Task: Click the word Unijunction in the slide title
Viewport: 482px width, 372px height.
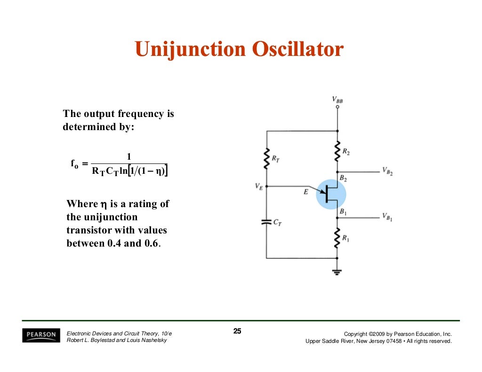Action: (x=190, y=49)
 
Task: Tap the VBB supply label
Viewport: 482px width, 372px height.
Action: (x=337, y=100)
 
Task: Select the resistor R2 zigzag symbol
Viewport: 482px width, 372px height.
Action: (x=337, y=151)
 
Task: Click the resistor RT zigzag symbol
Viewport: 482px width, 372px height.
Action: (x=266, y=158)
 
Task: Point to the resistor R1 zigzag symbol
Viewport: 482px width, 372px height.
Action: (x=337, y=238)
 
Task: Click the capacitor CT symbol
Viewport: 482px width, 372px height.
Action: (x=266, y=221)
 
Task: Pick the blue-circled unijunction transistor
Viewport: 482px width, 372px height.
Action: (x=330, y=194)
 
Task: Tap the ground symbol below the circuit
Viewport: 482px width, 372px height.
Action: (x=337, y=271)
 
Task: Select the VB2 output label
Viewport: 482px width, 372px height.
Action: (x=387, y=171)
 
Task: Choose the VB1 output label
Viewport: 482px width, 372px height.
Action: (x=387, y=217)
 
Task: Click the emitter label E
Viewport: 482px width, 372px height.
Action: (x=306, y=192)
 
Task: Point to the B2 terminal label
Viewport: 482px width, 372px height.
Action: (x=343, y=179)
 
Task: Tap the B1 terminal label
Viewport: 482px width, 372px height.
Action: (x=343, y=212)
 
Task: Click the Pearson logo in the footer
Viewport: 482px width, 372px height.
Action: (x=41, y=334)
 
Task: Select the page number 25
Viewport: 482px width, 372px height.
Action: (x=237, y=332)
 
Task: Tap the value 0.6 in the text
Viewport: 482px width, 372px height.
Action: (x=152, y=244)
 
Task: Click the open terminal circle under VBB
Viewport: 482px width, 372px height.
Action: (x=337, y=107)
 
